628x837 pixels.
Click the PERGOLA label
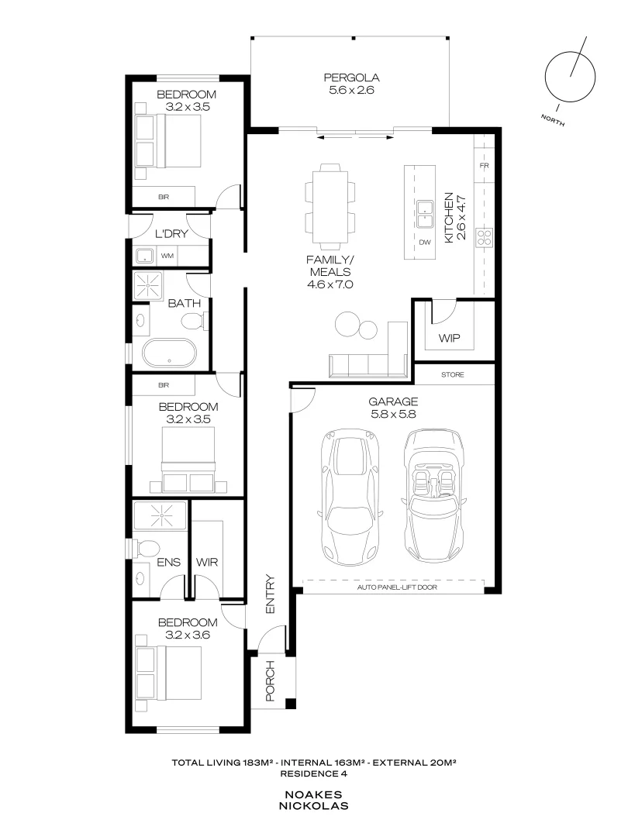pyautogui.click(x=350, y=77)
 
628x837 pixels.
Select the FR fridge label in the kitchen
pyautogui.click(x=485, y=167)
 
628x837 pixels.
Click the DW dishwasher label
pyautogui.click(x=424, y=243)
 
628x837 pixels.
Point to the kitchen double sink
pyautogui.click(x=424, y=215)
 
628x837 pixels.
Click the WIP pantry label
pyautogui.click(x=449, y=339)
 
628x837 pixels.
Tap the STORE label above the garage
pyautogui.click(x=453, y=375)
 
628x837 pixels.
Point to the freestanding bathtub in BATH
pyautogui.click(x=169, y=353)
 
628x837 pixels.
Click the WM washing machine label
pyautogui.click(x=167, y=255)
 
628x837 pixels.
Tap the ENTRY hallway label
pyautogui.click(x=270, y=594)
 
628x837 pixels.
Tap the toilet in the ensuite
pyautogui.click(x=144, y=547)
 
